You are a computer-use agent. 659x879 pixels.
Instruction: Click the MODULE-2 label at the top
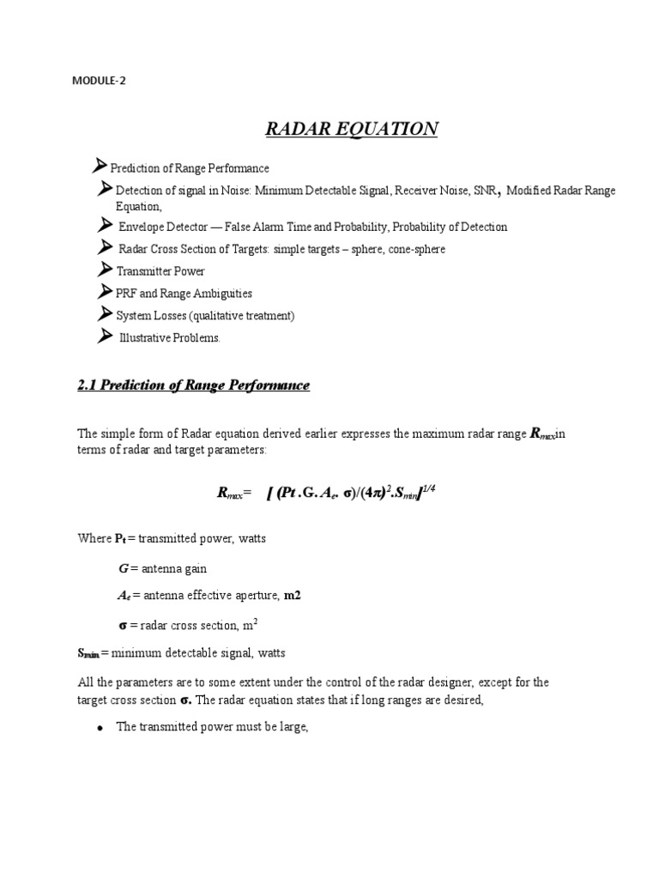point(102,82)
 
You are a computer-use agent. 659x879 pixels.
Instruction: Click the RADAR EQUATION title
point(352,129)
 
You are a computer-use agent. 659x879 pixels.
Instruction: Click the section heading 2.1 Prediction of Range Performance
point(193,385)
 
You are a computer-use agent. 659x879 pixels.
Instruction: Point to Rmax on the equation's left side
point(231,493)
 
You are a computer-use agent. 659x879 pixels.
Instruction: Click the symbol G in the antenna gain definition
point(122,568)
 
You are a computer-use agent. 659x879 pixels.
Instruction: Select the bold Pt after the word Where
point(119,539)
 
